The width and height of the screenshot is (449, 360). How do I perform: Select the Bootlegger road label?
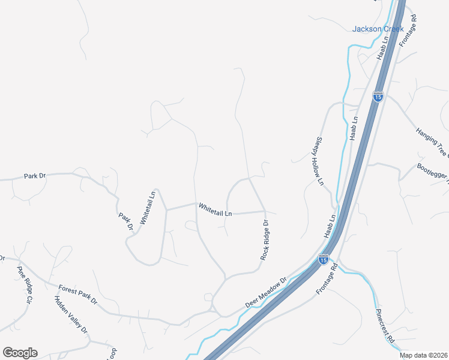433,173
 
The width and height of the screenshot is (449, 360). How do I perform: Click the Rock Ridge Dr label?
264,240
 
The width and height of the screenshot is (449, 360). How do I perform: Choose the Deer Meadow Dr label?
267,293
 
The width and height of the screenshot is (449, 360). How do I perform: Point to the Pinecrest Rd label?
385,326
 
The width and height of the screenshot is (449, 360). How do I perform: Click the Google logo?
20,353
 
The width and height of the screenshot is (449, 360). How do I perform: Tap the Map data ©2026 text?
423,355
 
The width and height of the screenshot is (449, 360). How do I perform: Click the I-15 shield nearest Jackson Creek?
377,97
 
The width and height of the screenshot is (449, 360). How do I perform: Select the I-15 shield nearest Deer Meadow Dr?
323,259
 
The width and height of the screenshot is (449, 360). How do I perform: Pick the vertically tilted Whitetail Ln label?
148,208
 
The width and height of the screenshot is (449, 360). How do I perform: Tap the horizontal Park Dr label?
35,176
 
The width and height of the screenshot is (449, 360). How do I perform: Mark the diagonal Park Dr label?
125,221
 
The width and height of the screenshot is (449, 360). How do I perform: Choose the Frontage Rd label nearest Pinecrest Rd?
328,280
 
